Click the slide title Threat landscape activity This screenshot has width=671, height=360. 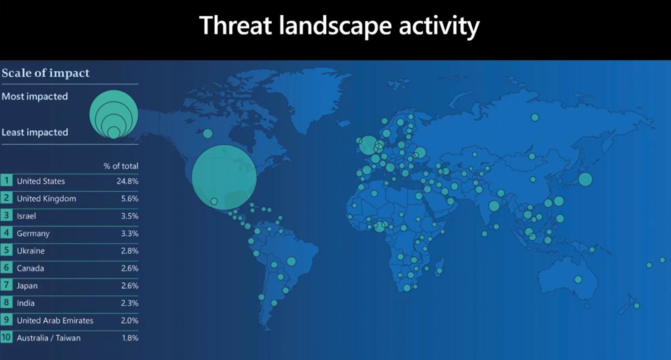[339, 26]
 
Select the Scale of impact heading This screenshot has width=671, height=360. [46, 73]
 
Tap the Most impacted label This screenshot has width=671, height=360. [35, 97]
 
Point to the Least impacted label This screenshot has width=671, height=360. [35, 132]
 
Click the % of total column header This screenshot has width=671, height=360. [121, 166]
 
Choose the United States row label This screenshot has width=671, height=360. [41, 181]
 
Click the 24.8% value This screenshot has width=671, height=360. [127, 181]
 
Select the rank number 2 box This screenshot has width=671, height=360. [6, 198]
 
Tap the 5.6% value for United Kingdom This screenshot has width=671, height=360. [130, 198]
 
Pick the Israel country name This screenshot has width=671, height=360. [26, 216]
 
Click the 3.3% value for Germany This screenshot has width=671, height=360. [130, 233]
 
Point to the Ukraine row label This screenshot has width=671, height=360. [31, 250]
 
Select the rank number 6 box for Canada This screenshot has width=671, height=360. [6, 268]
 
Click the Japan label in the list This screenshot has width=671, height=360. [27, 286]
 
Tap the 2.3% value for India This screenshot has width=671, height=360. [130, 303]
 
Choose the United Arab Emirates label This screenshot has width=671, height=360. [55, 321]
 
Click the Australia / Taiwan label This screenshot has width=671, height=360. [49, 338]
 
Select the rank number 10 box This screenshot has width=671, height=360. [6, 337]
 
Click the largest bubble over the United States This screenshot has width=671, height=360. [224, 177]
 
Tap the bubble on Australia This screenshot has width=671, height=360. [578, 279]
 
